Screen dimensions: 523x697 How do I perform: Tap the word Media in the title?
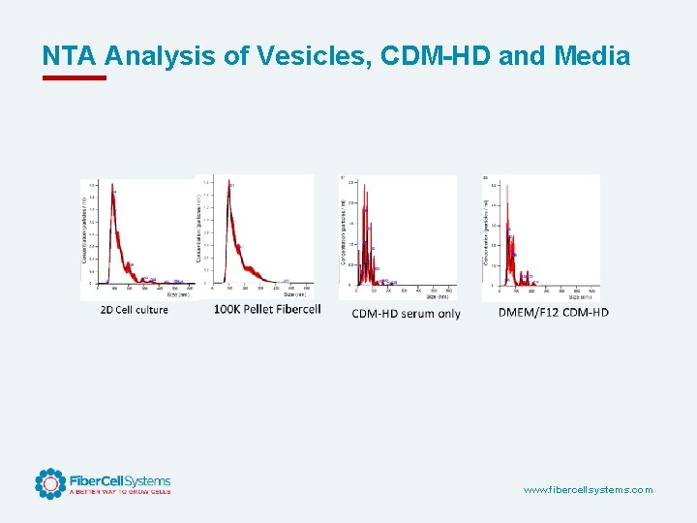pos(592,56)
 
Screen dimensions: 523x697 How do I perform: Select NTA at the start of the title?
pos(71,56)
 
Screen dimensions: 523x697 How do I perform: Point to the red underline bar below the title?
pos(74,77)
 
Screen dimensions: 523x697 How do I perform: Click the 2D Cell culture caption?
pos(134,310)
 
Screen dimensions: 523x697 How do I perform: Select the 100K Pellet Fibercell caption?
pos(267,309)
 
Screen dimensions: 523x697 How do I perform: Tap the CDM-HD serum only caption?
pos(406,313)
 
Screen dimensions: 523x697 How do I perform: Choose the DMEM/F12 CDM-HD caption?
pos(554,312)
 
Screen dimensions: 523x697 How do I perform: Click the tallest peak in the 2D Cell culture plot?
pos(111,186)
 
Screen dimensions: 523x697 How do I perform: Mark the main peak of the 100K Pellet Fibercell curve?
pos(228,184)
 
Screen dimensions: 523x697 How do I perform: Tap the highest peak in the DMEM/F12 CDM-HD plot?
pos(505,186)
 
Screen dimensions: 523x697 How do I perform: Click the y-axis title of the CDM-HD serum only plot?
pos(344,232)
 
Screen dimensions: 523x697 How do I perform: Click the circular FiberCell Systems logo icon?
pos(50,483)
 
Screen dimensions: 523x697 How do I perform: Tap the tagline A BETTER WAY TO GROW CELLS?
pos(119,492)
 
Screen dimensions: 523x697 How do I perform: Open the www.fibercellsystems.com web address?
pos(588,490)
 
